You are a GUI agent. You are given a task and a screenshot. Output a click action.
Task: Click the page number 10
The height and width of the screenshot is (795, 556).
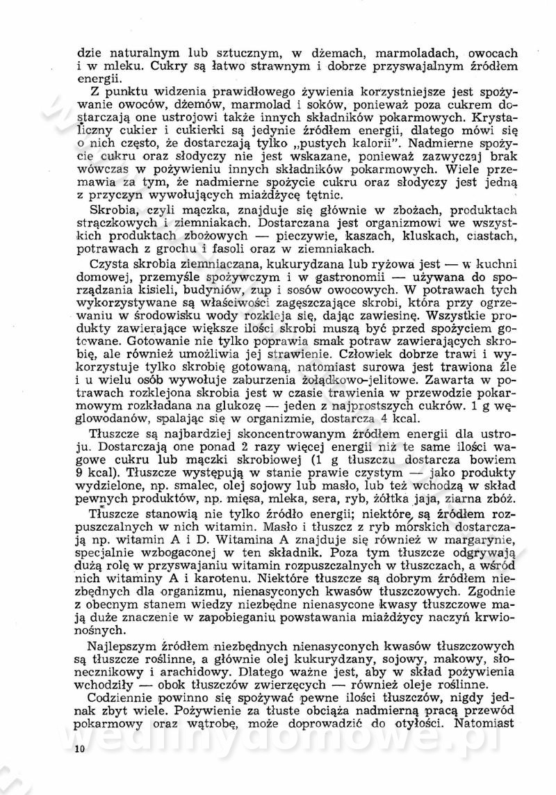pyautogui.click(x=78, y=748)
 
